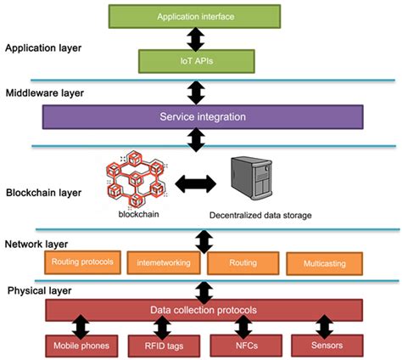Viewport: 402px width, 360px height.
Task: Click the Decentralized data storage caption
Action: (260, 215)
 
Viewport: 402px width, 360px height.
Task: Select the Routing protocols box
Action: (82, 262)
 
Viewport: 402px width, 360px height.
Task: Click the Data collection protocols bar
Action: (203, 311)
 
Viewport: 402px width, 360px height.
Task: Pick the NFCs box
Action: (244, 346)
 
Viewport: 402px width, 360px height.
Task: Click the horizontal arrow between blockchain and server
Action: (194, 180)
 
